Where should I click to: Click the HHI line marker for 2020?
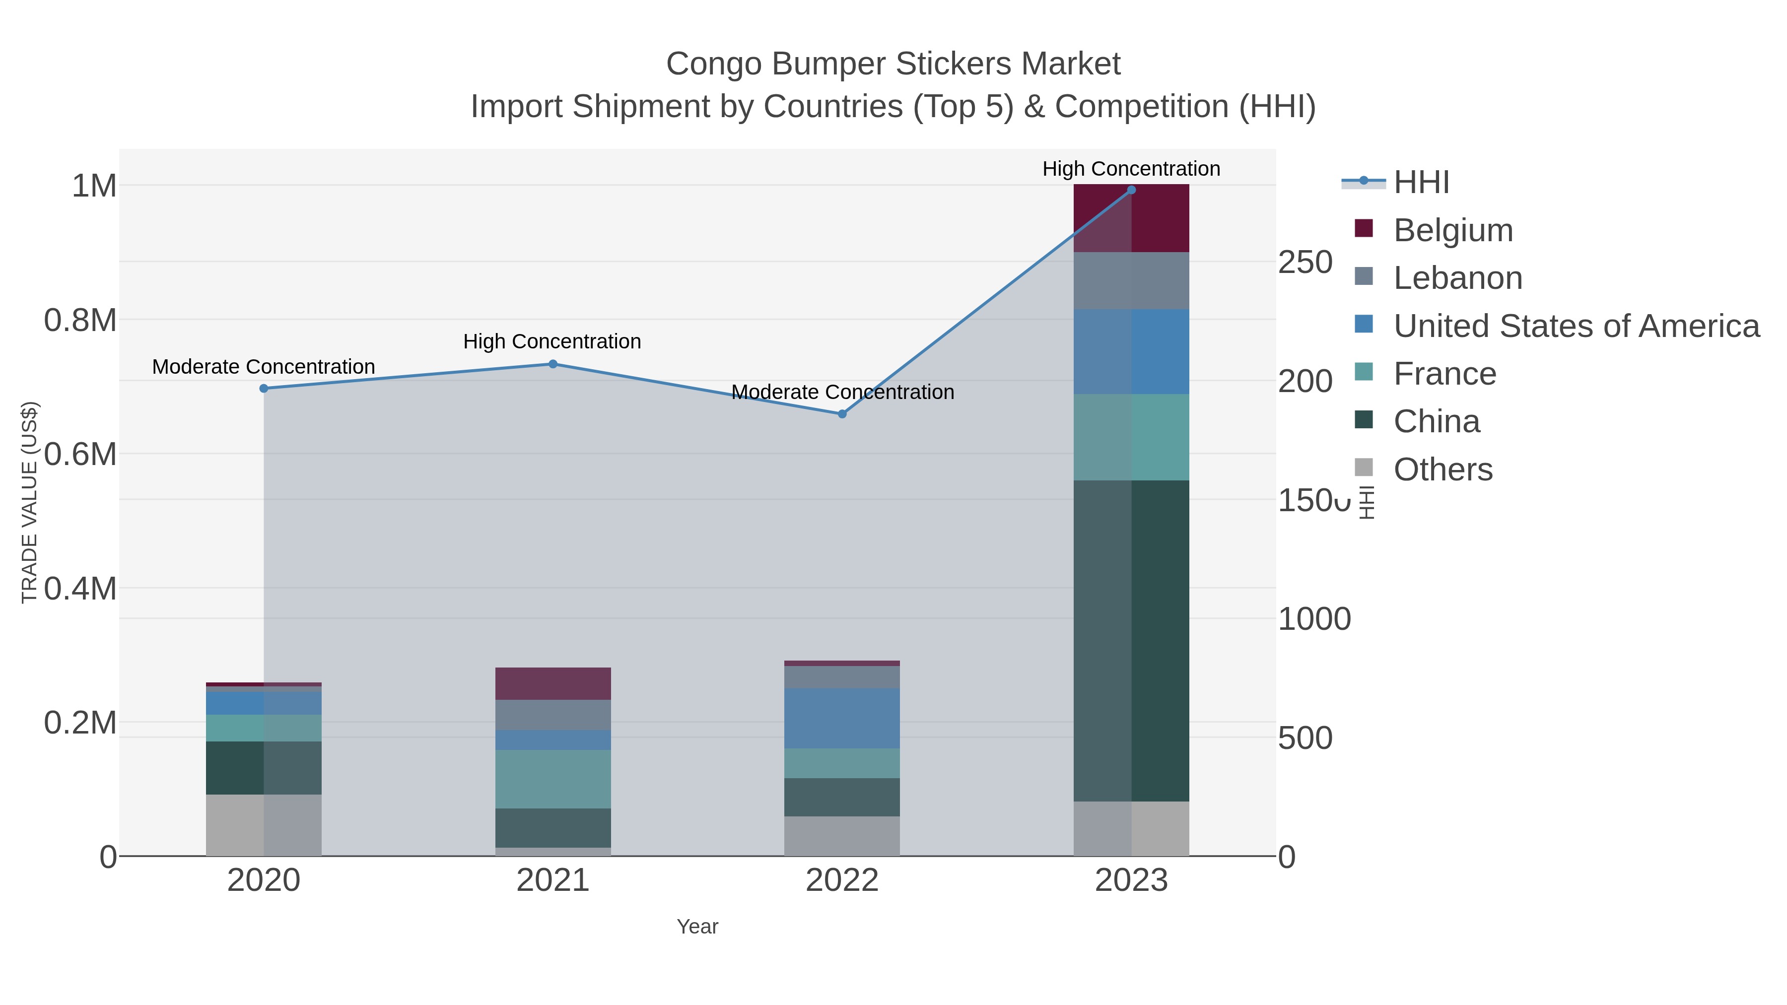[264, 389]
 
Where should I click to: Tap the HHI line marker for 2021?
[553, 364]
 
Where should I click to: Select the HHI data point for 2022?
[842, 414]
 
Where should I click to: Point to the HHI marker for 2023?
[1131, 190]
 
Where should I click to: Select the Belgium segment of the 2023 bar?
[1131, 218]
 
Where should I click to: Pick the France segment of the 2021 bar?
[553, 778]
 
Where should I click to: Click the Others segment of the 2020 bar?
[264, 825]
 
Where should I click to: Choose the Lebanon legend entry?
[1457, 278]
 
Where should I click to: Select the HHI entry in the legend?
[1421, 183]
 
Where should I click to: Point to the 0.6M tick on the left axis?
[80, 455]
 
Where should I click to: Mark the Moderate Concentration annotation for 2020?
[264, 367]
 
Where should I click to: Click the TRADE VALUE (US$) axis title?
[29, 502]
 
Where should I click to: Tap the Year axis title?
[697, 927]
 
